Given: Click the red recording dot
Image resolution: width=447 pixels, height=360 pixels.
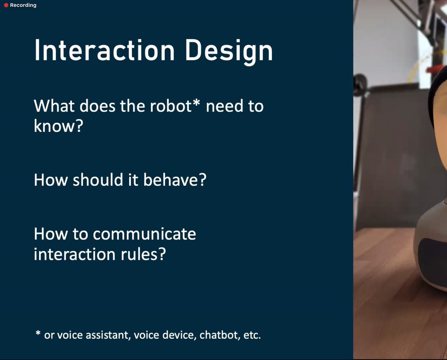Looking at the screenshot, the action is pos(6,5).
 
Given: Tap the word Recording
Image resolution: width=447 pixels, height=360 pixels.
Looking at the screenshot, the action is pos(23,5).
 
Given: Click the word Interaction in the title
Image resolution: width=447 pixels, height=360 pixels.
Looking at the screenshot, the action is pos(104,51).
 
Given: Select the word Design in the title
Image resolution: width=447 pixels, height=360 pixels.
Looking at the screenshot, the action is pos(229,52).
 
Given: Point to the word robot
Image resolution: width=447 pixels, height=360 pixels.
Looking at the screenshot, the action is pos(171,106).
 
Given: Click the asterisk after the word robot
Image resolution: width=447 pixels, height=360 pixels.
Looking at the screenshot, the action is pos(196,103).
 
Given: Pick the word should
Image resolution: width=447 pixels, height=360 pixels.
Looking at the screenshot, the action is pos(98,179).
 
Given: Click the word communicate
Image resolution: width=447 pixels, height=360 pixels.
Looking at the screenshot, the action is pos(145,234).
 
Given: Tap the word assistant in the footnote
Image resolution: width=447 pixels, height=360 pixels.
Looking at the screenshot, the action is pos(107,335).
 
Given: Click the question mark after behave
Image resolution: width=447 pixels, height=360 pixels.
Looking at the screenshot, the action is pos(202,179).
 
